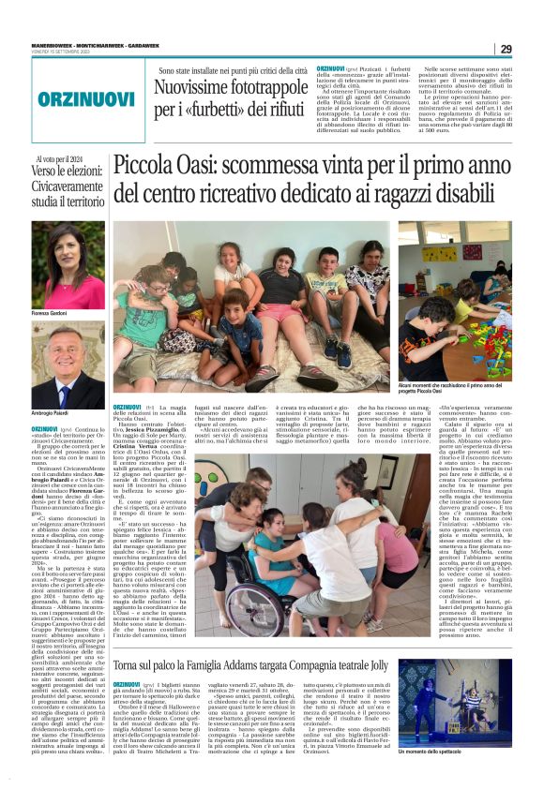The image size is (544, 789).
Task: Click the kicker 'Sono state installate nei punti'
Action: point(234,70)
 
